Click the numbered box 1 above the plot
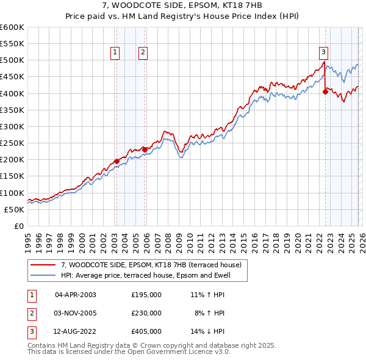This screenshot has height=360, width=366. [116, 53]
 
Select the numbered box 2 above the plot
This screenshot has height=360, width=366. [143, 53]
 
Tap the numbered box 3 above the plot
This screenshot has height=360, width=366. [324, 53]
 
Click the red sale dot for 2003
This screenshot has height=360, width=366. [117, 161]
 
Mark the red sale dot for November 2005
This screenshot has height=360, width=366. [145, 149]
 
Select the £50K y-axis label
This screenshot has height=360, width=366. [14, 209]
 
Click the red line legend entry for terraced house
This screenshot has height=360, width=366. [151, 265]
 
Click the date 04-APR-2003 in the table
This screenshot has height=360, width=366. [76, 294]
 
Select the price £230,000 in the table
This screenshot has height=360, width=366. [146, 313]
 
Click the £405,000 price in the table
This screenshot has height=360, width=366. [146, 332]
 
